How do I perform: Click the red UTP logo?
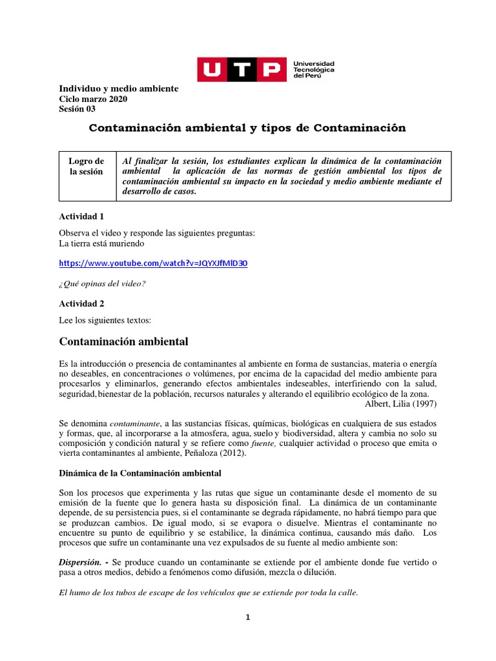point(241,69)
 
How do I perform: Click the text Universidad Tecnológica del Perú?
point(314,70)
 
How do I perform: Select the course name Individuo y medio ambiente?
point(118,88)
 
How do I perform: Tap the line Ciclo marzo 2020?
point(93,99)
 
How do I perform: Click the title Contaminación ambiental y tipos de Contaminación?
point(247,128)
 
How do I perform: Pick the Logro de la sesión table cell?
point(87,167)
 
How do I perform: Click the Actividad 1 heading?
point(81,216)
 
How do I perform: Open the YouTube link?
point(153,263)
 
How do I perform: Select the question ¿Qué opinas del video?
point(102,283)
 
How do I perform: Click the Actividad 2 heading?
point(81,303)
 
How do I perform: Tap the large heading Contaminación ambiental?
point(123,341)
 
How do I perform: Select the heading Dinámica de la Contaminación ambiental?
point(140,473)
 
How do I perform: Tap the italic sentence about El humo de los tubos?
point(208,593)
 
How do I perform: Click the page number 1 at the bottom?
point(247,617)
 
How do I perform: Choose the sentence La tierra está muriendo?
point(101,243)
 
